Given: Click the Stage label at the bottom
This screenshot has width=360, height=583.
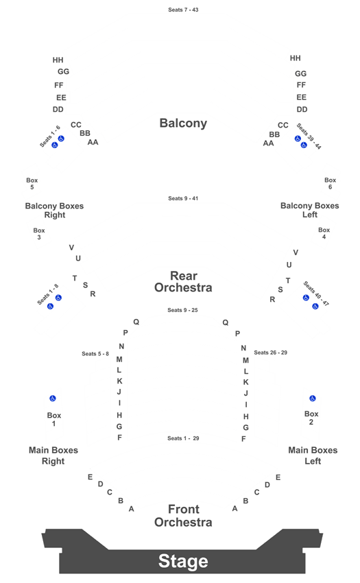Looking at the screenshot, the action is (x=183, y=561).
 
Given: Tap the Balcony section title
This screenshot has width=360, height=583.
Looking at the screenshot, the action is (x=183, y=123).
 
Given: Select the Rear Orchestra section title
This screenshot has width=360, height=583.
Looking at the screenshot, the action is (x=183, y=281).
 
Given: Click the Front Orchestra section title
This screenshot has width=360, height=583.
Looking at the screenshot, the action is (x=183, y=515).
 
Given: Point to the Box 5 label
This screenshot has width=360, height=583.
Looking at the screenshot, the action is (x=32, y=183).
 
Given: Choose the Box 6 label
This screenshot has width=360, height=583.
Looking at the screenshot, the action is (x=330, y=183).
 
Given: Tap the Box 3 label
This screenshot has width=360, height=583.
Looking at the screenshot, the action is (x=39, y=233).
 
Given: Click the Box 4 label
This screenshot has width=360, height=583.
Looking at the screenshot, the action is (x=324, y=233).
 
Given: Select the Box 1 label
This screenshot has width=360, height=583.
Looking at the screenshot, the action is (x=54, y=419).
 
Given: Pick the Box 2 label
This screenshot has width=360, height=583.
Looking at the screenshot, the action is (x=311, y=418).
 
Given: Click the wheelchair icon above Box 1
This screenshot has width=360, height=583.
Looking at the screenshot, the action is (x=53, y=398).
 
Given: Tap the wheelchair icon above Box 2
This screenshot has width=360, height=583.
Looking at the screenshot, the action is (x=313, y=398).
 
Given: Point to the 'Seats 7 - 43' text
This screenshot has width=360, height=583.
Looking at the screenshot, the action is (x=183, y=10).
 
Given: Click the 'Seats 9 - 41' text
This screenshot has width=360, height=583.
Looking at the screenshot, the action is (x=183, y=198).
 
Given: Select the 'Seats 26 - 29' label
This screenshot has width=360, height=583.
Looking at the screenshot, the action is (x=270, y=353).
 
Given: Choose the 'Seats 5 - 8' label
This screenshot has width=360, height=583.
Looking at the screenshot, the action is (x=95, y=354).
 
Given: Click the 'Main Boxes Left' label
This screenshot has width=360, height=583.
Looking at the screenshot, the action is (x=313, y=455).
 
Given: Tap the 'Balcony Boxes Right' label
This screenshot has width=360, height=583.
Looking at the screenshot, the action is (x=54, y=210).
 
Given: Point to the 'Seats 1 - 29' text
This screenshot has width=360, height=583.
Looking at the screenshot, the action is (x=183, y=438).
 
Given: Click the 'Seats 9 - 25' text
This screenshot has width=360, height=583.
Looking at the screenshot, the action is (x=182, y=310).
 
